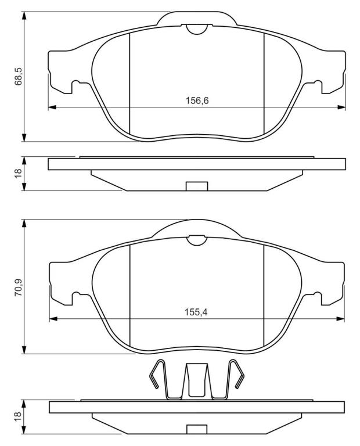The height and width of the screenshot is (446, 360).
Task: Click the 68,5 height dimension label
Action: (x=18, y=77)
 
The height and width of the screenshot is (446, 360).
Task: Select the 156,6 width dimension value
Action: (x=197, y=100)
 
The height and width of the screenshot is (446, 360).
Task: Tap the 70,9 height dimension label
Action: (x=18, y=288)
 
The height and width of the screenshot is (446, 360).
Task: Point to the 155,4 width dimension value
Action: (x=196, y=312)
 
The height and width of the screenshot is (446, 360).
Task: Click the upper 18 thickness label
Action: (x=18, y=174)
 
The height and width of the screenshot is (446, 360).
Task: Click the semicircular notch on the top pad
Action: (x=196, y=29)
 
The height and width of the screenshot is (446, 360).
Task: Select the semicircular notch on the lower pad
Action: (x=196, y=240)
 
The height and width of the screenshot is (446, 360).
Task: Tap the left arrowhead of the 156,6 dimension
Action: (x=52, y=107)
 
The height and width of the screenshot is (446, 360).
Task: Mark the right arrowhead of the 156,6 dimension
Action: (x=341, y=107)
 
